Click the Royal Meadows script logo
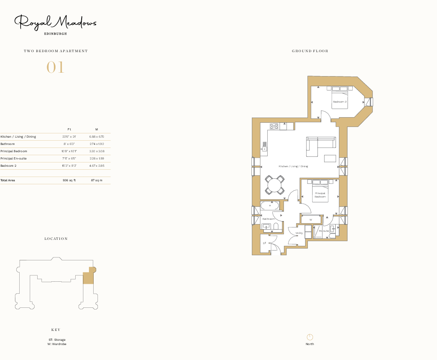click(x=55, y=23)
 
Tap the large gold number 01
click(x=55, y=68)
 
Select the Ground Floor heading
click(x=310, y=51)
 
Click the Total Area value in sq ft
click(x=69, y=180)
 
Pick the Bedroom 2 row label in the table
click(x=8, y=165)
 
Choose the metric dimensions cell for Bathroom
click(x=97, y=144)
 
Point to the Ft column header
click(x=69, y=129)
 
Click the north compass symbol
click(x=310, y=337)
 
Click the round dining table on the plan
click(x=274, y=185)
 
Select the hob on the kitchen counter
click(x=274, y=126)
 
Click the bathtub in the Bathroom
click(x=270, y=206)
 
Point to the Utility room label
click(x=299, y=233)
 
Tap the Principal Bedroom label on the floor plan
click(x=320, y=195)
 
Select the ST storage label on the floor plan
click(x=265, y=243)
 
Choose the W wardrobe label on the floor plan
click(x=311, y=220)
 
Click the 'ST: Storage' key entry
click(x=57, y=339)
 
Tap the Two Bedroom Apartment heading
click(x=56, y=51)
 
